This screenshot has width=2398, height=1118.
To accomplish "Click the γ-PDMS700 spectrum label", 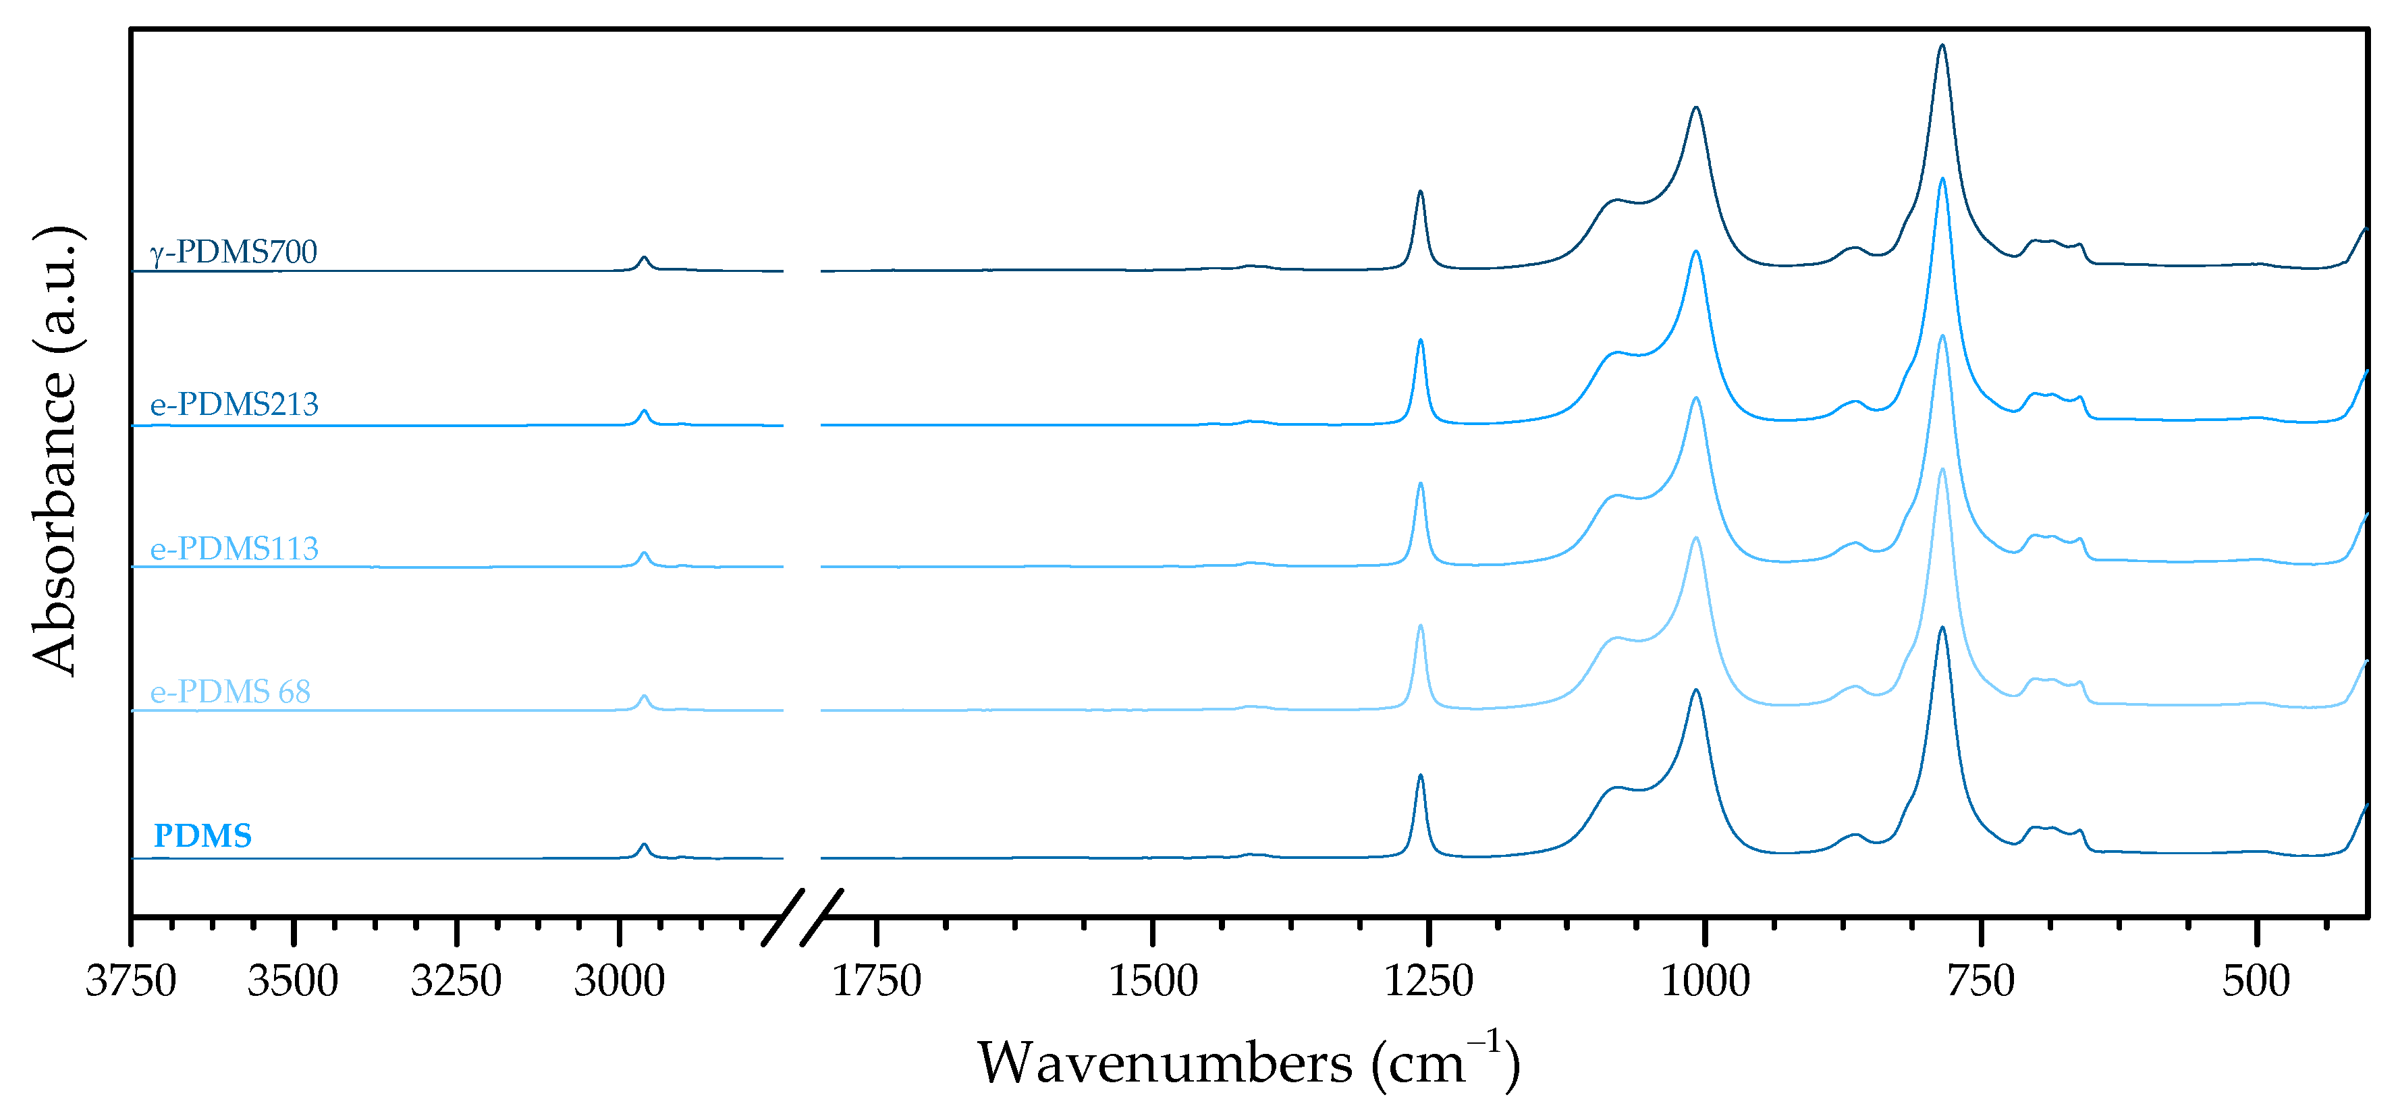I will tap(234, 252).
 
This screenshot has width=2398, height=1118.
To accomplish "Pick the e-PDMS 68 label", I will tap(230, 692).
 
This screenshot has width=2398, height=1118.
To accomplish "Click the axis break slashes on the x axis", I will tap(802, 917).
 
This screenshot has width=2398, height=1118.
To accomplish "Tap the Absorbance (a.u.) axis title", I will tap(56, 451).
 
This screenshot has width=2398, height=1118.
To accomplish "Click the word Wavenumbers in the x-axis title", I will tap(1164, 1063).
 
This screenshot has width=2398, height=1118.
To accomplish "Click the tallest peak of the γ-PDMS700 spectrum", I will tap(1942, 47).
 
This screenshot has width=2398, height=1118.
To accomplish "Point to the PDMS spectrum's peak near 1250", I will tap(1421, 777).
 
